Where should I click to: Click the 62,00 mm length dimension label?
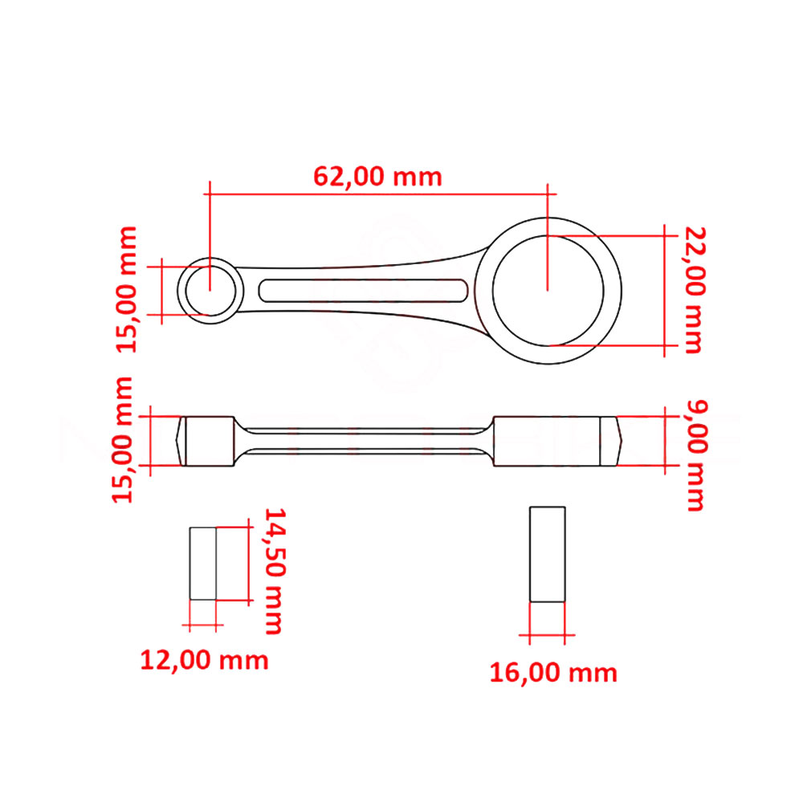[377, 176]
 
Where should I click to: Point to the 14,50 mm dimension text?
[274, 570]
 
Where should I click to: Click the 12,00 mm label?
[204, 660]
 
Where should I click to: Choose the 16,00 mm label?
[553, 672]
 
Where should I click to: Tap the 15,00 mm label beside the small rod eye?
[128, 289]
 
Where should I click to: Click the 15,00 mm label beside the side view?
[124, 440]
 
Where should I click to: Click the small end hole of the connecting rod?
[210, 290]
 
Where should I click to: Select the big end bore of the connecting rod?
[548, 291]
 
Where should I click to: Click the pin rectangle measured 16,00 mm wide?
[547, 554]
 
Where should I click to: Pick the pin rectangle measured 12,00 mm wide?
[203, 563]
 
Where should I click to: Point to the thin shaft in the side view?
[363, 441]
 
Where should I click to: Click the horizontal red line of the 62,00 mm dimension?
[377, 194]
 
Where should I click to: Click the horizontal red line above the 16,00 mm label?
[547, 635]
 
